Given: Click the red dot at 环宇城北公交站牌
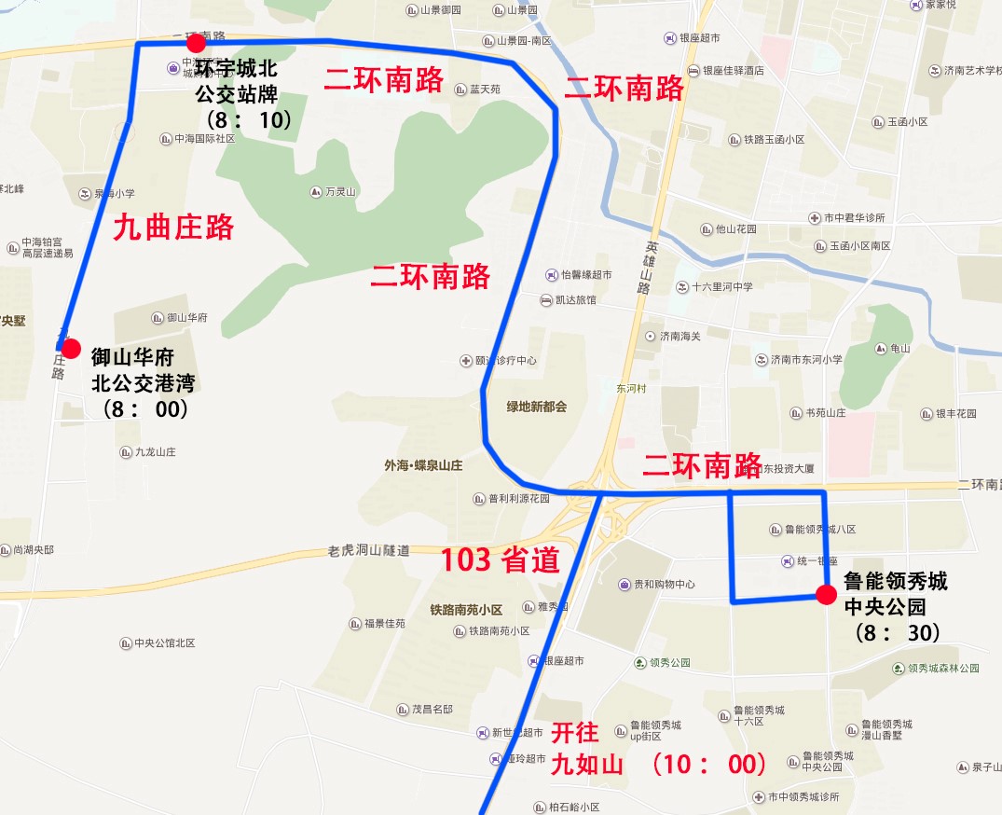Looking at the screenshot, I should pos(196,43).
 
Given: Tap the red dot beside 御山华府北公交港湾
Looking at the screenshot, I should pos(71,348).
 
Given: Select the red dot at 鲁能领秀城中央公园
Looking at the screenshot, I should pos(825,595).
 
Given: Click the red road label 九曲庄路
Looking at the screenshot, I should pos(173,228).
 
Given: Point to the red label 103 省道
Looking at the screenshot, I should pos(500,559).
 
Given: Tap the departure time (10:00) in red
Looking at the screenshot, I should pos(708,765).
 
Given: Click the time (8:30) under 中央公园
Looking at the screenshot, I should pos(895,632).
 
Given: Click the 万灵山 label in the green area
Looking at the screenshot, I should pos(341,192).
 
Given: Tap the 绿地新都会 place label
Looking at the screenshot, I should pos(536,407).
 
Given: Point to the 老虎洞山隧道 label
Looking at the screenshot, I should pos(369,551).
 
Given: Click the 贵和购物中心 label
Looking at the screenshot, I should pos(665,585).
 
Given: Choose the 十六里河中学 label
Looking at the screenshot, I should pos(721,287).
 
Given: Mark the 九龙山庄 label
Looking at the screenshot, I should pos(155,451).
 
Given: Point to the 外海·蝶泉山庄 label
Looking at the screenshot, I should pos(423,464).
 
